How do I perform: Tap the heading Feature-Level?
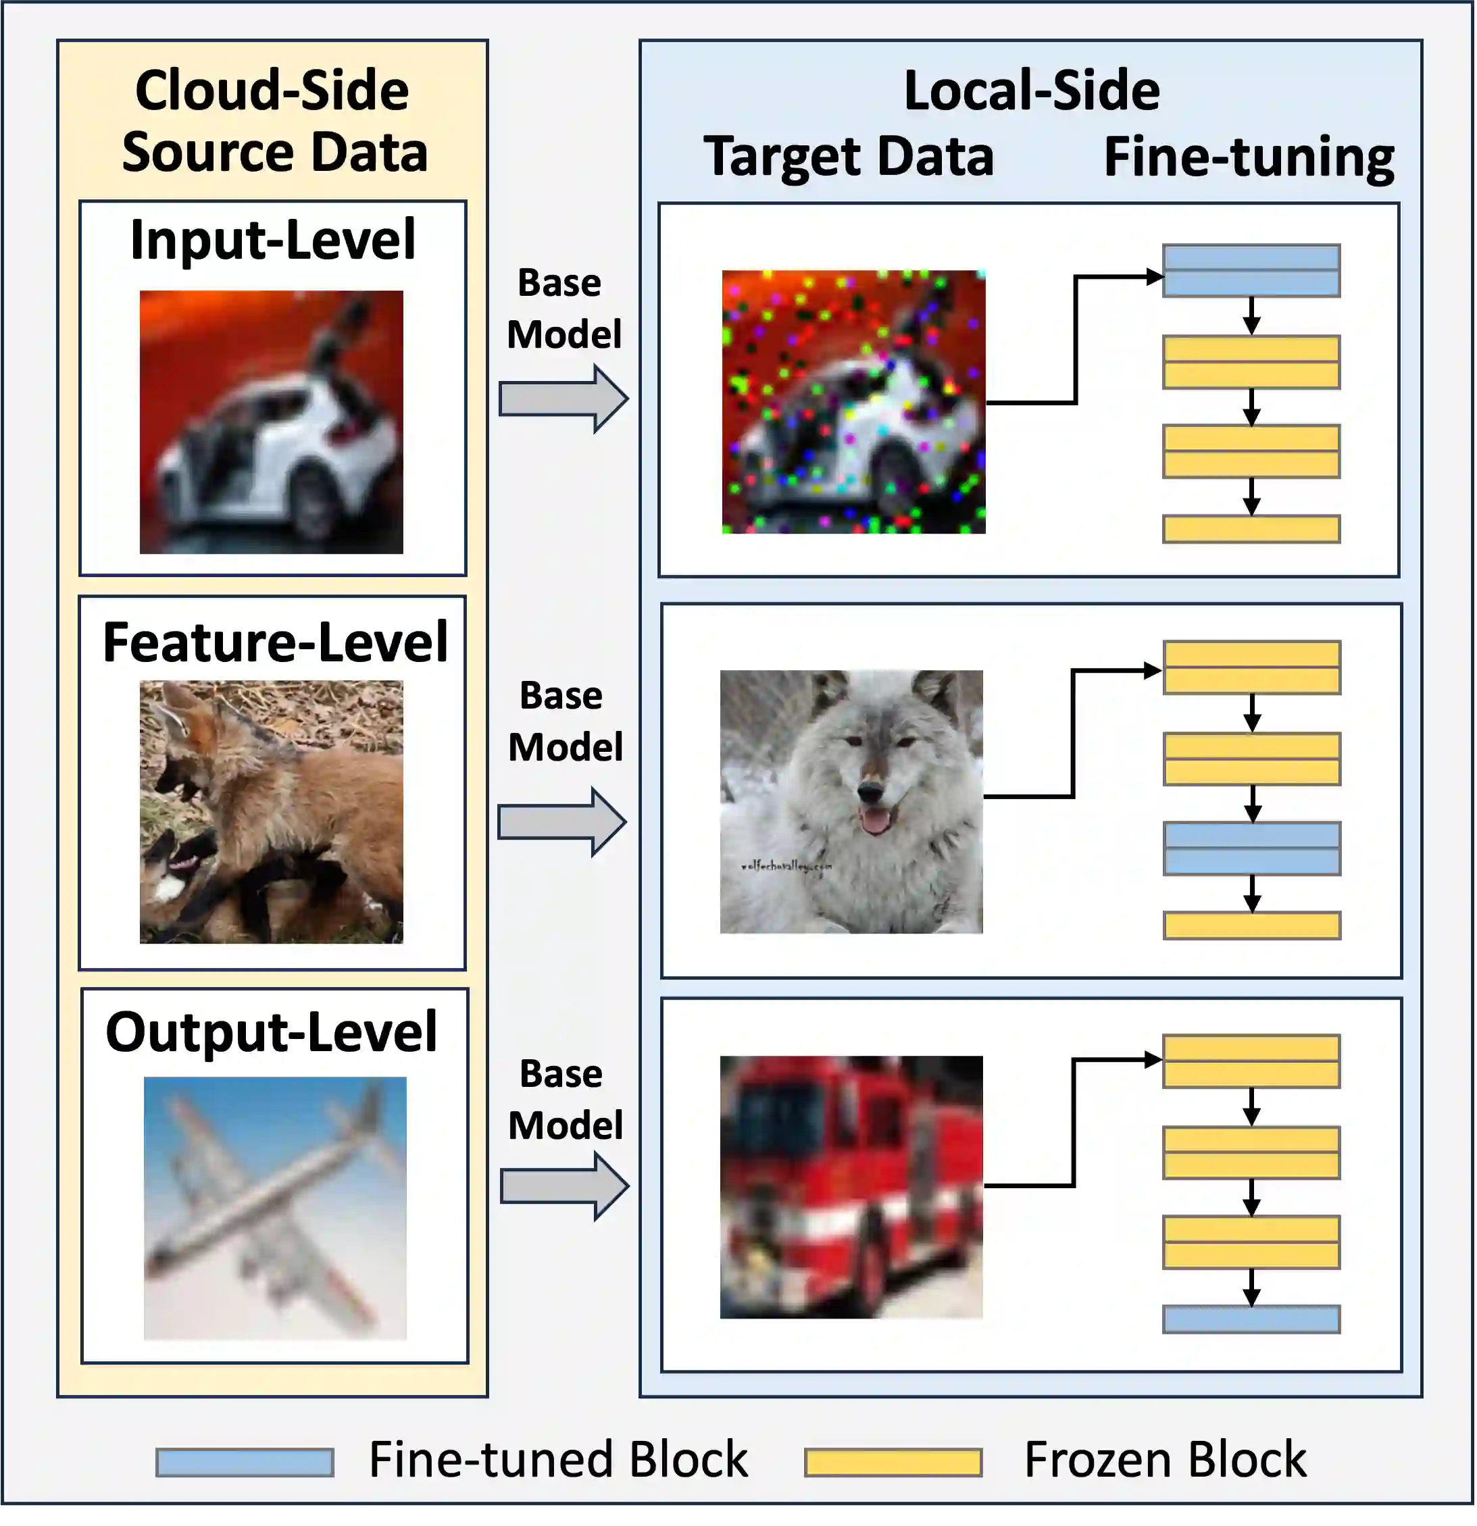[x=275, y=642]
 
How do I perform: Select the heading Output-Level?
[x=271, y=1032]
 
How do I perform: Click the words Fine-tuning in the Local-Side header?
[x=1248, y=157]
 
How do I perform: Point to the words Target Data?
[x=849, y=157]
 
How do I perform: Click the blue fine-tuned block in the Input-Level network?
[x=1251, y=271]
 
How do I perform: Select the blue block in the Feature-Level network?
[x=1251, y=848]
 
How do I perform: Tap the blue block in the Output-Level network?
[x=1251, y=1319]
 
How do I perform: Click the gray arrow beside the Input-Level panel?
[x=563, y=399]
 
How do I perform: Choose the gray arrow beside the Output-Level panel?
[x=564, y=1186]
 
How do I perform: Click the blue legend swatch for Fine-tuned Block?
[x=245, y=1462]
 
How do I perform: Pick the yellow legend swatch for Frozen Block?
[x=893, y=1462]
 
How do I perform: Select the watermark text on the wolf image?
[x=786, y=865]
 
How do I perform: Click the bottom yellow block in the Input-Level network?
[x=1251, y=529]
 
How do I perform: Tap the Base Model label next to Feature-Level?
[x=564, y=721]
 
